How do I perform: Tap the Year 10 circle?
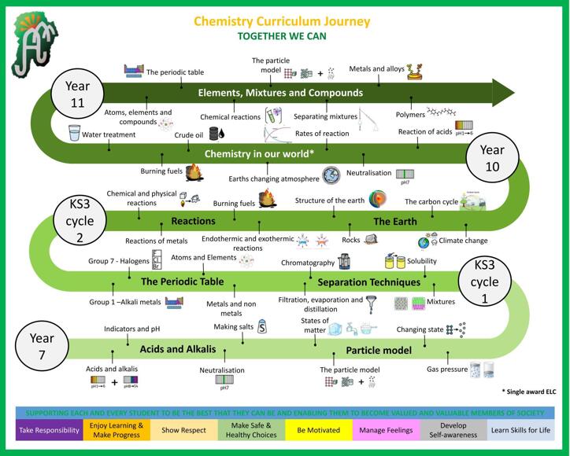pos(491,156)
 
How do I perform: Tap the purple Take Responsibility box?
pos(49,430)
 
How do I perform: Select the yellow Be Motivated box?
pos(318,430)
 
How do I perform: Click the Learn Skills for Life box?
pos(520,430)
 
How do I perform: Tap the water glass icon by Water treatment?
pos(75,133)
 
